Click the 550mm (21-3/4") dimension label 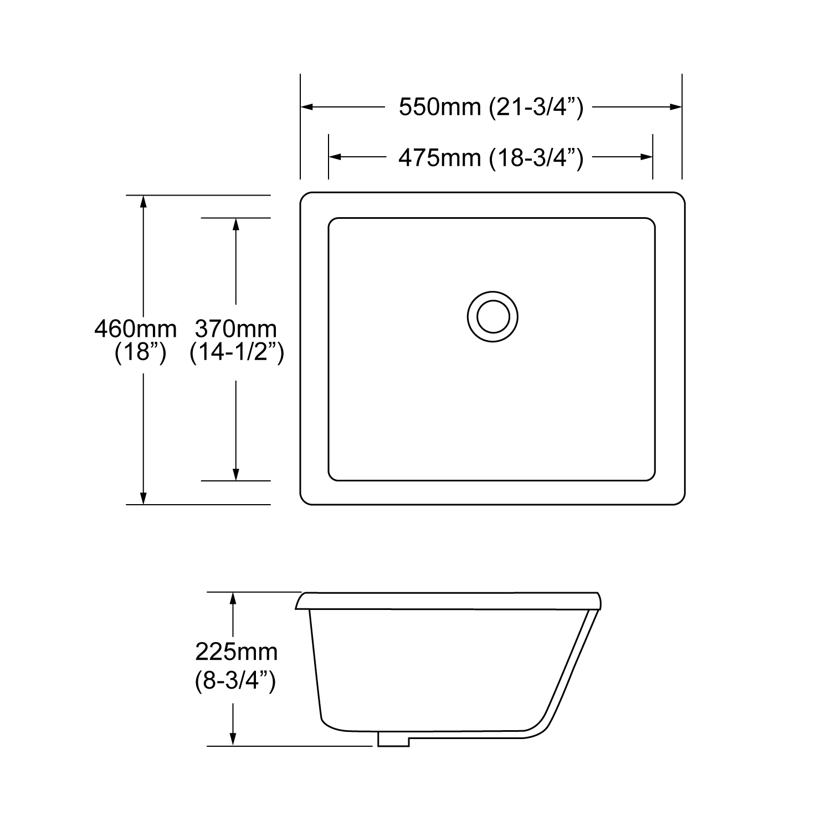[x=491, y=107]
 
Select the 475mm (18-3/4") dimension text [x=491, y=158]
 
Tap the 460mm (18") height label [x=136, y=340]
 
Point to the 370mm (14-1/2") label [x=237, y=340]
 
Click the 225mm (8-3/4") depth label [x=236, y=665]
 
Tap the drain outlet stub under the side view [x=393, y=739]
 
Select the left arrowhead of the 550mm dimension [x=307, y=107]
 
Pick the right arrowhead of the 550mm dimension [x=675, y=107]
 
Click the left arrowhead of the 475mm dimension [x=335, y=157]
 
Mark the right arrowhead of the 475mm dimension [x=647, y=157]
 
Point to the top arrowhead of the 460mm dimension [x=143, y=202]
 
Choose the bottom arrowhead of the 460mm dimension [x=143, y=498]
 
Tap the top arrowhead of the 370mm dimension [x=236, y=224]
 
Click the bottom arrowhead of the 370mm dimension [x=236, y=474]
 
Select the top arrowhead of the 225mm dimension [x=233, y=599]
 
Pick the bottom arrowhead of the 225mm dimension [x=233, y=739]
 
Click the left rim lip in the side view [x=301, y=601]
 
